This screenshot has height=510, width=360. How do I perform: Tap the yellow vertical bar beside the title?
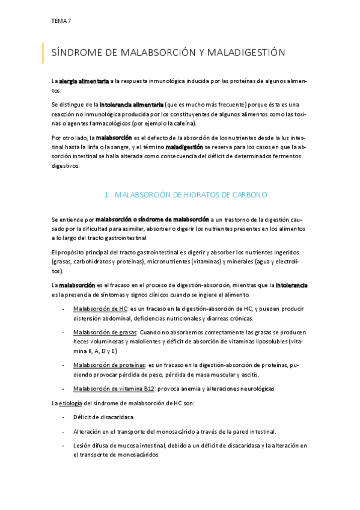click(x=43, y=53)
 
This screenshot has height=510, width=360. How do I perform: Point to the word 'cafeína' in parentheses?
click(x=182, y=123)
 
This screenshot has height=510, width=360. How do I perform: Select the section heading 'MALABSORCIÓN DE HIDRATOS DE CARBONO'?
click(x=191, y=195)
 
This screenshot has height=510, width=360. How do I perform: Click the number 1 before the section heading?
click(x=106, y=195)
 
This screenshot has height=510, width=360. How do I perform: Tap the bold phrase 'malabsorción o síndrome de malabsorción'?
click(x=152, y=220)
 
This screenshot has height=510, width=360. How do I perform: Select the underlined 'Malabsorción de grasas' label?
click(x=105, y=332)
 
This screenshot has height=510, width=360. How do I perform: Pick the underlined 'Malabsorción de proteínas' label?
click(x=109, y=365)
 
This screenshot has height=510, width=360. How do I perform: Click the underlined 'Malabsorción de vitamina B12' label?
click(x=114, y=389)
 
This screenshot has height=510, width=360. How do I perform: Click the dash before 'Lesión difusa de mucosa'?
click(x=64, y=446)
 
